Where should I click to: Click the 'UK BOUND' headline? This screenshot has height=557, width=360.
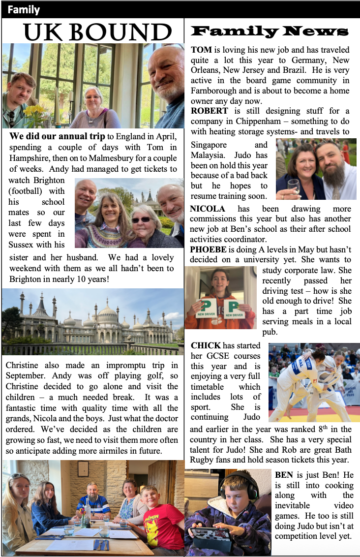[x=97, y=32]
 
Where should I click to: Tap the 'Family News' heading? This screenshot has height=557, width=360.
[x=270, y=32]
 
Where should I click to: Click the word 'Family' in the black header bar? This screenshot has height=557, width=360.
[x=24, y=10]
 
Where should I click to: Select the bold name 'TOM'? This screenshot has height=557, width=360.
[x=201, y=50]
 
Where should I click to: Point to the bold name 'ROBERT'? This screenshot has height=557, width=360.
[x=209, y=111]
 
